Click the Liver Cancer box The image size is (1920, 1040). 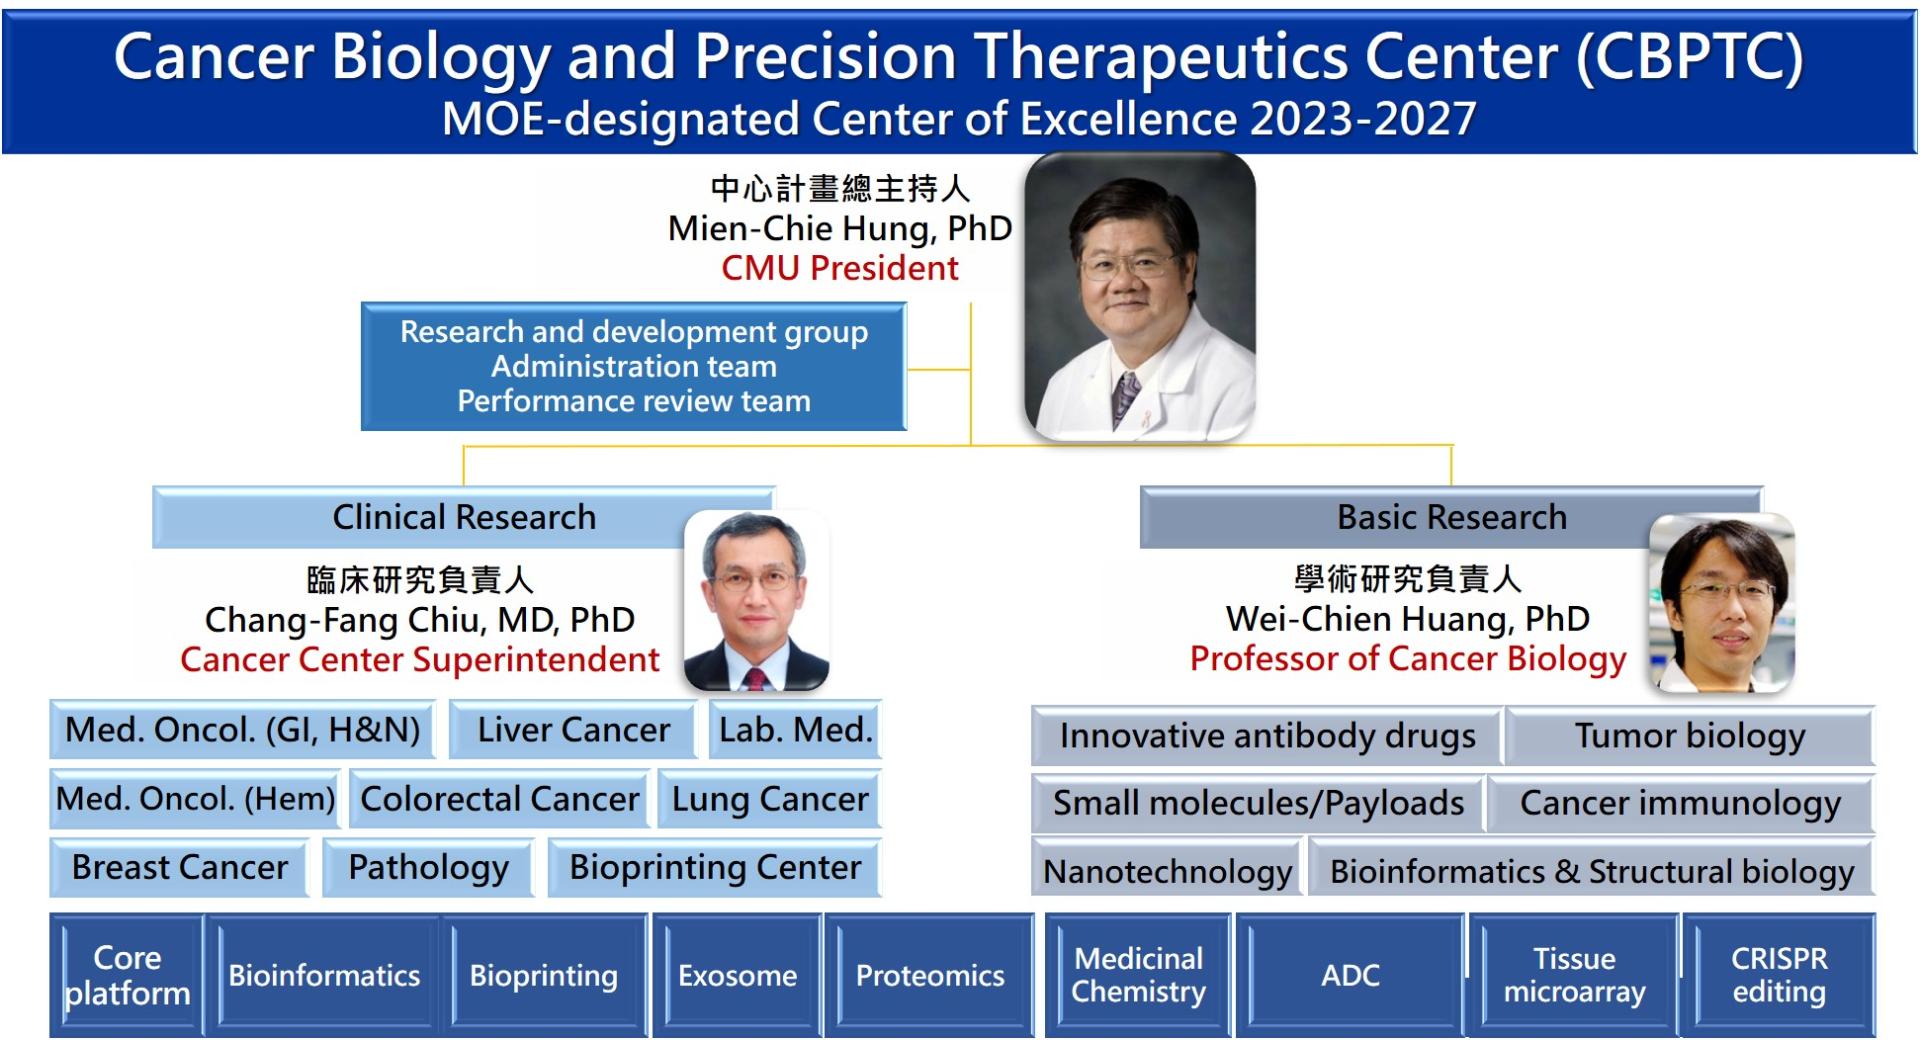pyautogui.click(x=572, y=730)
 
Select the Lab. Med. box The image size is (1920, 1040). pyautogui.click(x=795, y=730)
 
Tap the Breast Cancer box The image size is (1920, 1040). pyautogui.click(x=180, y=867)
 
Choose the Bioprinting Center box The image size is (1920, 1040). pyautogui.click(x=715, y=867)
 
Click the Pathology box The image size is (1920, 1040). pyautogui.click(x=428, y=867)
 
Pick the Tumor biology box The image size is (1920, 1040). pyautogui.click(x=1690, y=736)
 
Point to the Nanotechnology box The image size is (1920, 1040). pyautogui.click(x=1167, y=872)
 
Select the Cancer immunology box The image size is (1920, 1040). pyautogui.click(x=1680, y=803)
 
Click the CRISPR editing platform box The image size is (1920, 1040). pyautogui.click(x=1779, y=975)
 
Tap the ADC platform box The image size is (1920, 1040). pyautogui.click(x=1350, y=975)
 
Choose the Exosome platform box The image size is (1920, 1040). pyautogui.click(x=738, y=975)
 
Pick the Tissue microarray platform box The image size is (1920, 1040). pyautogui.click(x=1574, y=975)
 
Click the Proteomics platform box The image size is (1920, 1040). pyautogui.click(x=930, y=975)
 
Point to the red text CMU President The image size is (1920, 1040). pyautogui.click(x=840, y=268)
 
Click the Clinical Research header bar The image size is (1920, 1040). pyautogui.click(x=464, y=517)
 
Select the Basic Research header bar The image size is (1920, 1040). pyautogui.click(x=1451, y=517)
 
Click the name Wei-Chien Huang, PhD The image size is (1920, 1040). pyautogui.click(x=1408, y=619)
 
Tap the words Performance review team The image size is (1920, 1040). pyautogui.click(x=634, y=401)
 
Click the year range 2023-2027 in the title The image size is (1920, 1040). pyautogui.click(x=1363, y=119)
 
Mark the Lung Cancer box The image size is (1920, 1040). pyautogui.click(x=770, y=799)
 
